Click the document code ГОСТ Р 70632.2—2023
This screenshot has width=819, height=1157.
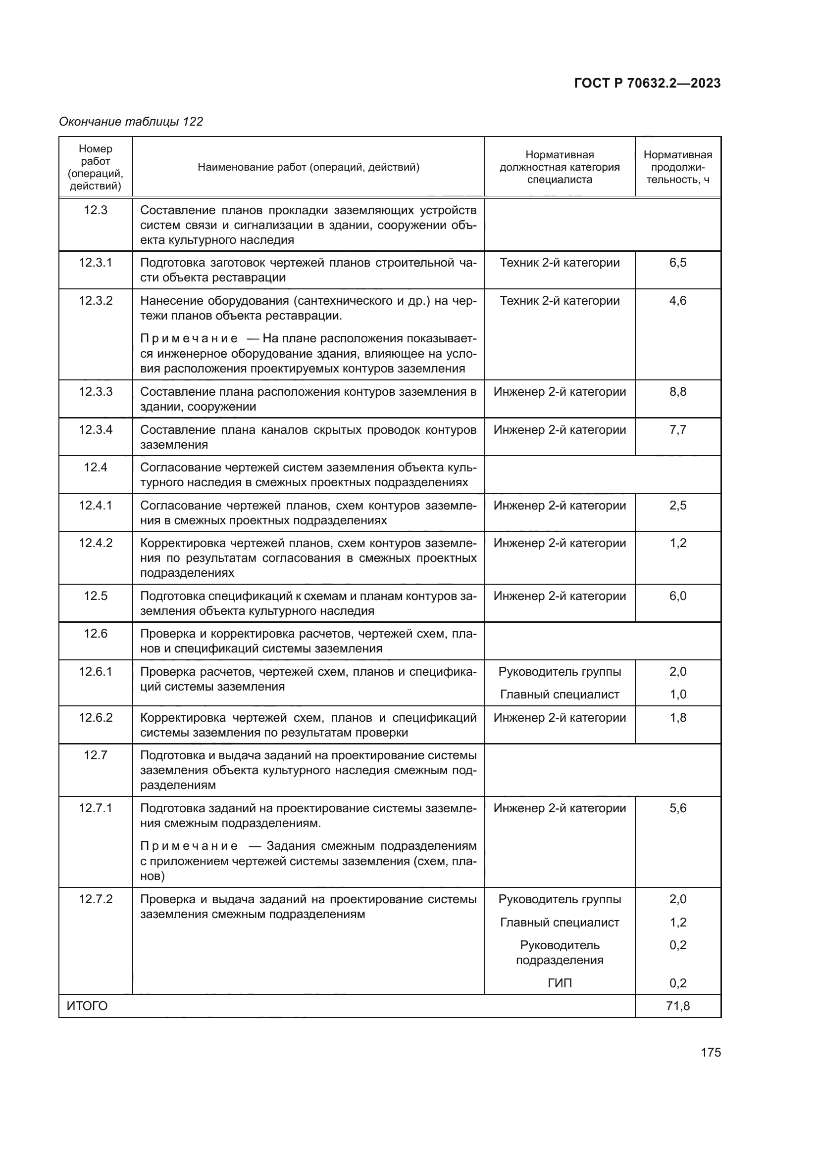coord(647,83)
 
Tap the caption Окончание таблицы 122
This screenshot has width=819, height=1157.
coord(131,122)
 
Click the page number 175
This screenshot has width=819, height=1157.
coord(711,1053)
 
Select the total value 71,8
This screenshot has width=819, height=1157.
coord(677,1006)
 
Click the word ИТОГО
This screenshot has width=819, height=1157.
coord(87,1006)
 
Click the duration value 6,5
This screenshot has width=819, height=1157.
coord(677,263)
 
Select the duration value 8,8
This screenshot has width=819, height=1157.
coord(677,392)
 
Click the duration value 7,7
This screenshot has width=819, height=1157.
coord(677,430)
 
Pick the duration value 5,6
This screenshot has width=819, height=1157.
coord(677,808)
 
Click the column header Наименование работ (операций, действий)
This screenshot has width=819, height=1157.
coord(308,167)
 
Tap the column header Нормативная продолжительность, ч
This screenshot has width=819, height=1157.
coord(677,167)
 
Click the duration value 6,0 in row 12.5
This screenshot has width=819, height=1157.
coord(677,596)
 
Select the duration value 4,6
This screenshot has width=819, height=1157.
coord(677,301)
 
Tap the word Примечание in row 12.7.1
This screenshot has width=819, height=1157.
coord(189,846)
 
